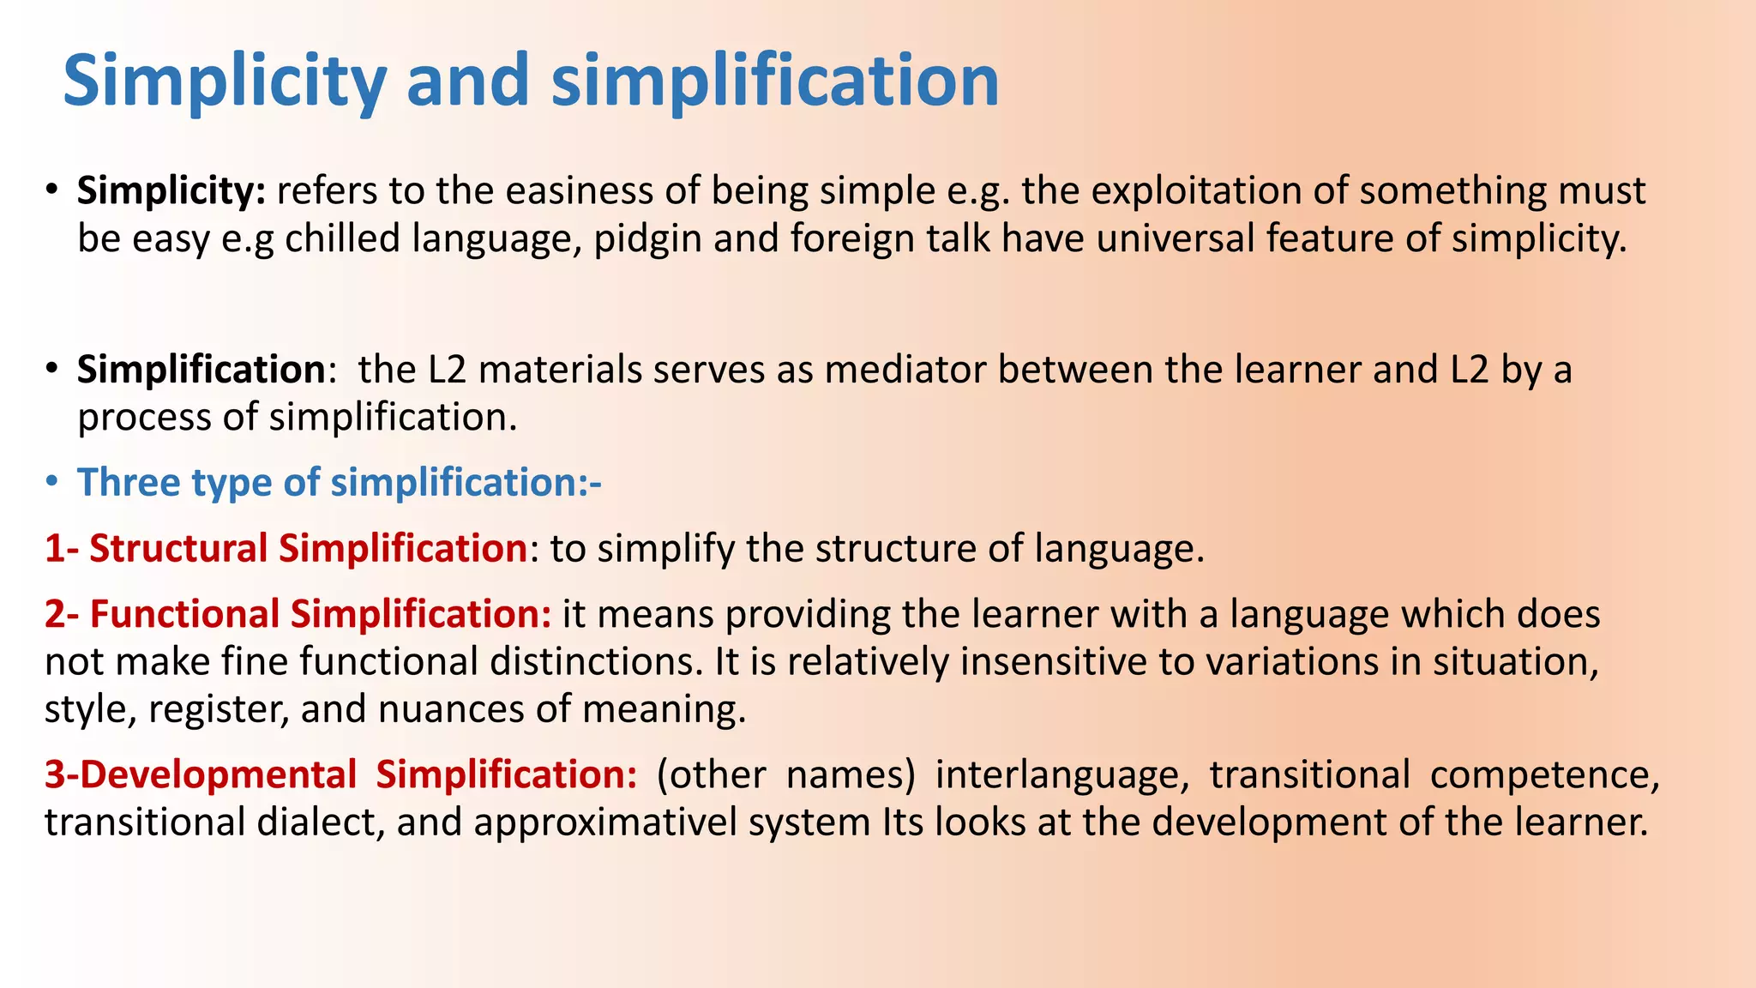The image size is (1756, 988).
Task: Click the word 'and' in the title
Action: click(x=467, y=81)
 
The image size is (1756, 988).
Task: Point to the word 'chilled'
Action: click(x=342, y=238)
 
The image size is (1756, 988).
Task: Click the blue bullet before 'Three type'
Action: click(x=52, y=483)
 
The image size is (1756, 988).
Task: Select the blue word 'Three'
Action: click(x=128, y=483)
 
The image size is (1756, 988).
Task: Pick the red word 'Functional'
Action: click(x=184, y=615)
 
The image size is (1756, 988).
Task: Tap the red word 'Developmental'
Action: click(x=218, y=774)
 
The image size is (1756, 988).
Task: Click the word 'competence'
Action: click(x=1543, y=774)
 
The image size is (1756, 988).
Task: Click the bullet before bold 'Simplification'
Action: click(x=52, y=370)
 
